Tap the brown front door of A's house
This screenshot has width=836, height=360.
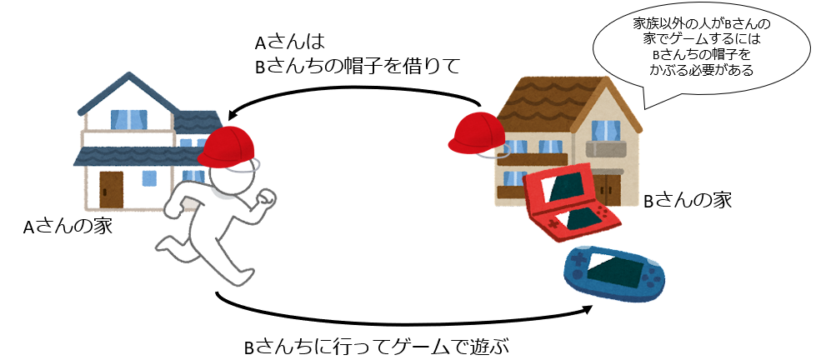point(111,190)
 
